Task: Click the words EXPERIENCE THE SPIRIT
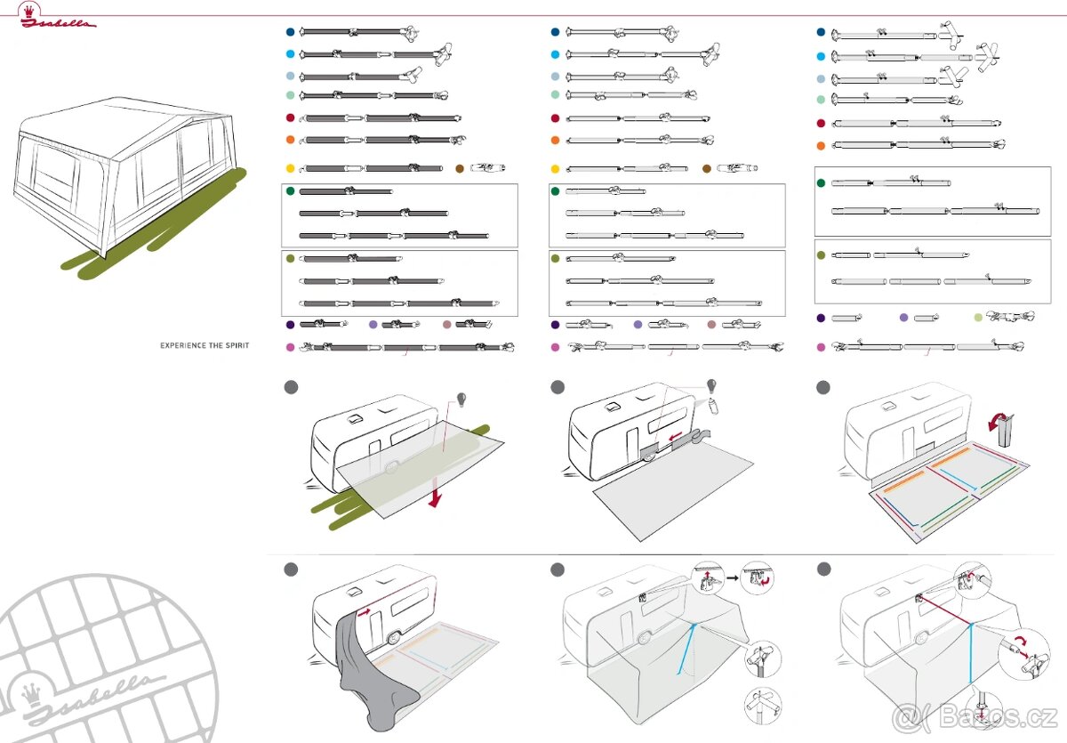coord(205,345)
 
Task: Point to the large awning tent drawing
coord(124,178)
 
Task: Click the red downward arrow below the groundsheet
coord(435,497)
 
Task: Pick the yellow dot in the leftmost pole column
coord(290,168)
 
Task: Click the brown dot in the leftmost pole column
coord(460,168)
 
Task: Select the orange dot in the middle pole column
coord(556,141)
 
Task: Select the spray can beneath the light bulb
coord(716,408)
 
